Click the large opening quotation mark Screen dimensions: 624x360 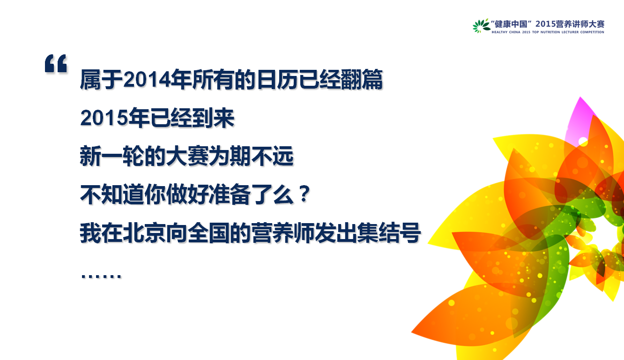coord(56,64)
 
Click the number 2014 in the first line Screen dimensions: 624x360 coord(147,80)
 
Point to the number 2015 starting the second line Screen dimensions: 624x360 coord(104,118)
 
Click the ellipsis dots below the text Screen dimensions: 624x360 coord(101,276)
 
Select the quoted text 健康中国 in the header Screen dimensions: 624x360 coord(511,24)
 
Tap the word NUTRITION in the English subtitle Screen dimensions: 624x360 coord(550,32)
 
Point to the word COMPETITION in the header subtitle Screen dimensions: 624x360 coord(592,32)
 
